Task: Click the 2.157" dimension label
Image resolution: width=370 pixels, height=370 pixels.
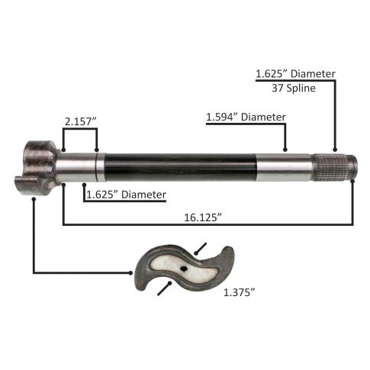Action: coord(81,121)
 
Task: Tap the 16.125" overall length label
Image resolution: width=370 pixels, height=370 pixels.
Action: coord(203,217)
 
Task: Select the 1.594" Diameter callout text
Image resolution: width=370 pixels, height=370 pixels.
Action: coord(246,117)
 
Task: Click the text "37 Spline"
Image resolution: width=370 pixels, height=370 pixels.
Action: coord(294,88)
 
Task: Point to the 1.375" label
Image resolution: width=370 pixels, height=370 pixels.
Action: coord(239,292)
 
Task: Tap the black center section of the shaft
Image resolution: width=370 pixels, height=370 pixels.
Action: coord(180,167)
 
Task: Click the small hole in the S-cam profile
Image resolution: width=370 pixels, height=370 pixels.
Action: coord(184,269)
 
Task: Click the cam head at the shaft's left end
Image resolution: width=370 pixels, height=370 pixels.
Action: coord(37,168)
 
